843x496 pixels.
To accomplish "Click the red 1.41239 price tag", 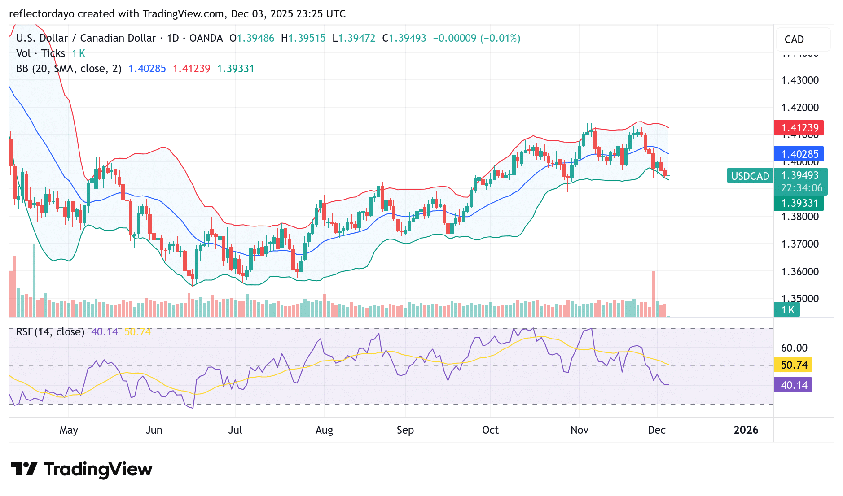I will point(799,128).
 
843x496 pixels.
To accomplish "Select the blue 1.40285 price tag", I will point(799,154).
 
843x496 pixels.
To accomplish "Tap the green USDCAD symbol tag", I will point(750,176).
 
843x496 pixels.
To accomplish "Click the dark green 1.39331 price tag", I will point(799,203).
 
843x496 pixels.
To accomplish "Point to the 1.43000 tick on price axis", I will point(800,80).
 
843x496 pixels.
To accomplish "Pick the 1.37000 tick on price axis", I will point(800,244).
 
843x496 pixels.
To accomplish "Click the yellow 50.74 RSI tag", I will point(793,365).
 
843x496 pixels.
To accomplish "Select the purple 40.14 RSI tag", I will point(793,385).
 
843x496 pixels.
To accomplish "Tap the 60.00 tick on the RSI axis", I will point(794,348).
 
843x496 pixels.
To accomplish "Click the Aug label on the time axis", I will point(324,430).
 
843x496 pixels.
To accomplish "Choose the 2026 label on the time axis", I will point(746,430).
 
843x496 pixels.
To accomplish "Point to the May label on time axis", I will point(69,430).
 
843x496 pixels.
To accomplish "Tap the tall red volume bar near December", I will point(653,294).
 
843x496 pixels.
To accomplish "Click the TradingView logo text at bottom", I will point(98,470).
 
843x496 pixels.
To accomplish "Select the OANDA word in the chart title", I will point(206,38).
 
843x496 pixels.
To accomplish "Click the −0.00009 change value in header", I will point(454,38).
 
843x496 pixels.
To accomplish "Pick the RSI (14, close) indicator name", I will point(50,332).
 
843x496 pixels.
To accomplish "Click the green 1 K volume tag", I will point(786,310).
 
